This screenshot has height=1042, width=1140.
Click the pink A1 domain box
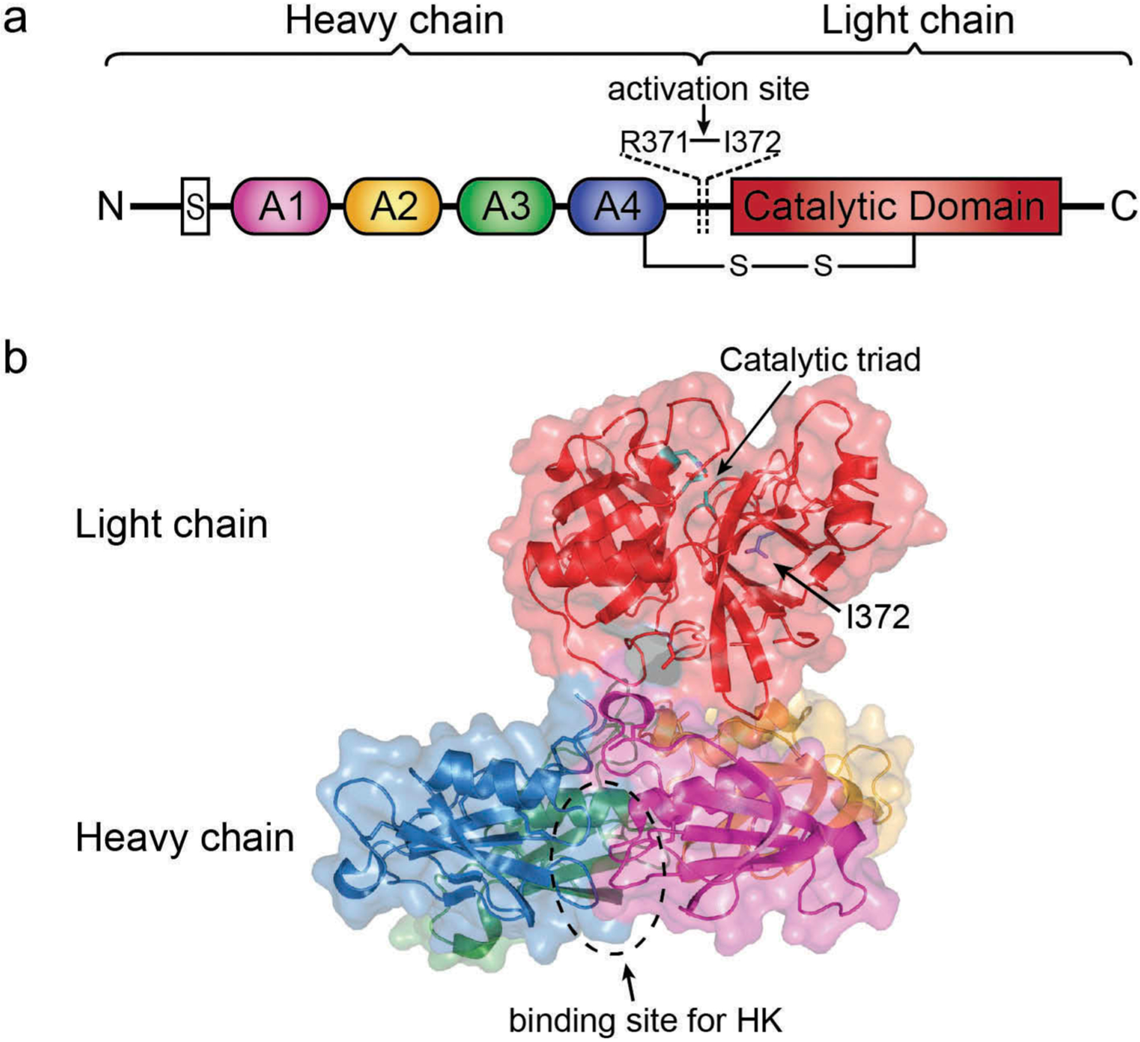click(x=281, y=206)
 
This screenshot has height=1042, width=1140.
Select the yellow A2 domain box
click(x=393, y=206)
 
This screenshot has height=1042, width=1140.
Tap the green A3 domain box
click(x=505, y=206)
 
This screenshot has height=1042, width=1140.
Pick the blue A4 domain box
click(x=617, y=206)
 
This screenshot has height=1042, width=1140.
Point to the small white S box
click(x=195, y=206)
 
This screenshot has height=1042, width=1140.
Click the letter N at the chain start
click(x=110, y=206)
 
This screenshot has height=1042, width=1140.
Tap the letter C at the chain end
click(x=1123, y=206)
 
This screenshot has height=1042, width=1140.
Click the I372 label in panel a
click(x=752, y=143)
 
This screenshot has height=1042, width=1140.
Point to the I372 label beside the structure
click(x=878, y=616)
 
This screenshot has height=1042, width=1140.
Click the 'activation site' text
click(x=708, y=89)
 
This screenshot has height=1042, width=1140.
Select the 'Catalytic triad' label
click(x=820, y=360)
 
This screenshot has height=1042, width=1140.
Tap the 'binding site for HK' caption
click(x=646, y=1020)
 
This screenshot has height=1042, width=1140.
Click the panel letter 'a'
click(x=15, y=20)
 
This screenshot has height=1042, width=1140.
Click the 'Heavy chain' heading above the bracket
click(x=394, y=20)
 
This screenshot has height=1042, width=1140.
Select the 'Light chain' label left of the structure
click(x=172, y=524)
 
